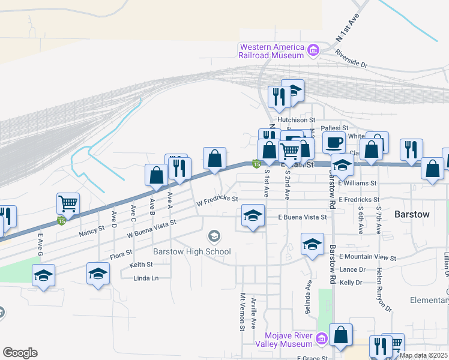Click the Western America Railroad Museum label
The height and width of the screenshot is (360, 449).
(271, 51)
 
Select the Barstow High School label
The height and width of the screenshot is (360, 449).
(192, 251)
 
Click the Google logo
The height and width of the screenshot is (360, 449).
(20, 353)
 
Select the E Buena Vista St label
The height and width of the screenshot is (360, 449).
(302, 217)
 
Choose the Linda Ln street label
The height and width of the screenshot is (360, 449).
(146, 278)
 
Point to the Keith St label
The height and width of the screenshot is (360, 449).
(141, 265)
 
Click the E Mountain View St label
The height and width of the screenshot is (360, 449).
(368, 257)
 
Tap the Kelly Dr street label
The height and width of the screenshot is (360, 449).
(351, 282)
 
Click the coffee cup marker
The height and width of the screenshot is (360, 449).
(334, 143)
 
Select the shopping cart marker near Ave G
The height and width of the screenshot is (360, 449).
(68, 203)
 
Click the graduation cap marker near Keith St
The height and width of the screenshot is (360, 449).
(98, 274)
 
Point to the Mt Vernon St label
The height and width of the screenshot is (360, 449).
(243, 312)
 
